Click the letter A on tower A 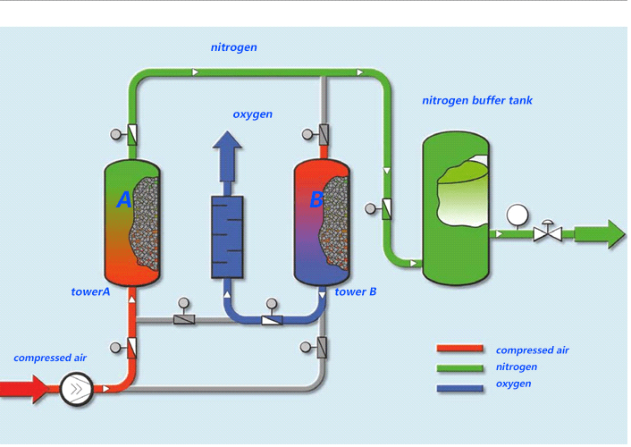[x=124, y=200]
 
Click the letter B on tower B [x=315, y=200]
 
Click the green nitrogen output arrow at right [x=600, y=234]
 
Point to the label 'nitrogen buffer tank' [x=476, y=100]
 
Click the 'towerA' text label [x=90, y=292]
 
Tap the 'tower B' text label [x=356, y=292]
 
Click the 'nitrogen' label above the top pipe [x=234, y=46]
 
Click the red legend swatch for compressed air [x=459, y=350]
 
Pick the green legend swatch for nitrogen [x=459, y=367]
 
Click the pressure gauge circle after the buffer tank [x=516, y=215]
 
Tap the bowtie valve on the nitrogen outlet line [x=546, y=234]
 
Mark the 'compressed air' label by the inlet [x=50, y=358]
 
